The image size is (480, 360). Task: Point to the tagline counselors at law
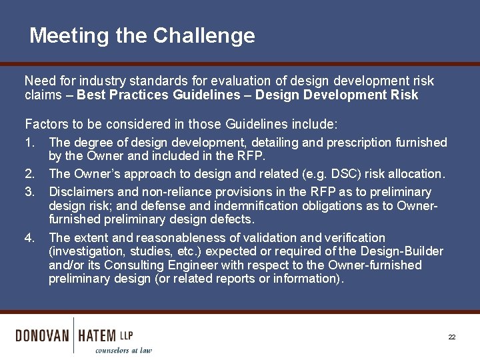point(123,350)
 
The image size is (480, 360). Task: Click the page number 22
point(451,337)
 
